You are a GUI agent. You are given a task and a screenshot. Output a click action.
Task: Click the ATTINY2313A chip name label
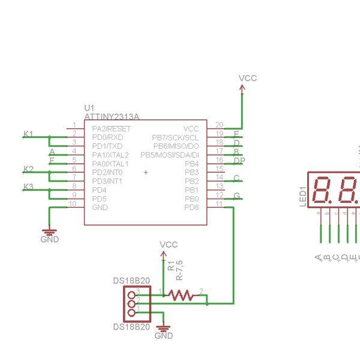pos(112,116)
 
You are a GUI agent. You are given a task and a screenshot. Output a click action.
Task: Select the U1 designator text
pos(89,108)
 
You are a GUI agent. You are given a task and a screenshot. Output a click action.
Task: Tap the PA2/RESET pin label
pos(111,128)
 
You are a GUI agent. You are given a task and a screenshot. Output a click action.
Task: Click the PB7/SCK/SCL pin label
pos(175,137)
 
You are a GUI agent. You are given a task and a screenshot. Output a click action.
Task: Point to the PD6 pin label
pos(191,207)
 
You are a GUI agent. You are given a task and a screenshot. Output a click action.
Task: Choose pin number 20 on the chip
pos(219,125)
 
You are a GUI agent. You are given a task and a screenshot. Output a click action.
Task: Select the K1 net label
pos(28,133)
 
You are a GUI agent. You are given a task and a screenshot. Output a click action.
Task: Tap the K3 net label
pos(28,187)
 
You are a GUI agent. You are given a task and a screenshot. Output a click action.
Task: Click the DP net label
pos(239,161)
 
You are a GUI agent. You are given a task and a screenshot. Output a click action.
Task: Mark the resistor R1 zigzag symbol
pos(181,295)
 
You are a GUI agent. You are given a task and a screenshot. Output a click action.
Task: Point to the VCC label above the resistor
pos(169,245)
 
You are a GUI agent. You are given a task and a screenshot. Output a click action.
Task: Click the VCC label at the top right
pos(247,79)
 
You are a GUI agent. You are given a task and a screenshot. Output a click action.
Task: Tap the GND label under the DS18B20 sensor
pos(163,335)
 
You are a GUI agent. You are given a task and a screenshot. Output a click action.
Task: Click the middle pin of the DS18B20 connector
pos(131,303)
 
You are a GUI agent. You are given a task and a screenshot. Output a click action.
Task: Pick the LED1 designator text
pos(302,196)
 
